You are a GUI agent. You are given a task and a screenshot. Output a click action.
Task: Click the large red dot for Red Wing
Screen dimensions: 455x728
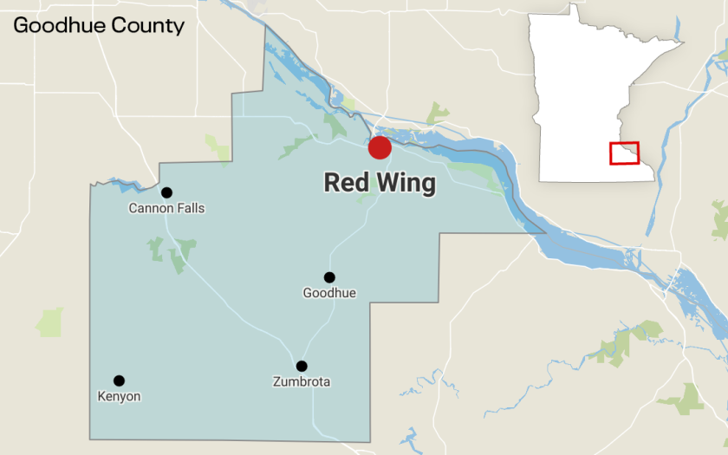click(x=380, y=147)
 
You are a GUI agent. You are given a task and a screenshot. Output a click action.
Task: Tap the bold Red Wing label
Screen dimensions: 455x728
click(x=380, y=183)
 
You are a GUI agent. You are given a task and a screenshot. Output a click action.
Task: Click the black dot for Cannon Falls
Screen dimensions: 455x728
click(x=166, y=192)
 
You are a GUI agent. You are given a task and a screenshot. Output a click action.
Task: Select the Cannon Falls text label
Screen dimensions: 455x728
click(x=166, y=208)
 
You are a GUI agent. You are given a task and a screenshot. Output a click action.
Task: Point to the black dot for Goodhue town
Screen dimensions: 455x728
click(x=329, y=277)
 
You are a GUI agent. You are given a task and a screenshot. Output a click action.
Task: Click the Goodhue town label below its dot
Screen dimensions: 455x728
click(x=329, y=293)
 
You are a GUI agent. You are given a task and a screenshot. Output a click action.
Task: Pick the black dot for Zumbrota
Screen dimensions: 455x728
click(x=302, y=366)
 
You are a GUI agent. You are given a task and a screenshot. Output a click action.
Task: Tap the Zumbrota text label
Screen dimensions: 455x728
click(x=302, y=381)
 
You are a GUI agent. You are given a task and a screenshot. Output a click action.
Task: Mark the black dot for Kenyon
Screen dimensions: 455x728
click(x=119, y=380)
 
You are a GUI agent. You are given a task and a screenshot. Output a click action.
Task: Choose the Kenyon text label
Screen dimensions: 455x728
click(x=119, y=396)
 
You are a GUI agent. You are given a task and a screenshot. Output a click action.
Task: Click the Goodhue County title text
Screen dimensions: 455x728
click(x=99, y=25)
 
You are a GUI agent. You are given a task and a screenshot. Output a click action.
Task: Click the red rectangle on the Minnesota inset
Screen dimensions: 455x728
click(x=624, y=153)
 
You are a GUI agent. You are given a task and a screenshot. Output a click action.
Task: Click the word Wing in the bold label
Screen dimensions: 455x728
click(x=406, y=183)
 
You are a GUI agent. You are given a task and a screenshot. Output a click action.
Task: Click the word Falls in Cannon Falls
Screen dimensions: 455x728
click(x=190, y=208)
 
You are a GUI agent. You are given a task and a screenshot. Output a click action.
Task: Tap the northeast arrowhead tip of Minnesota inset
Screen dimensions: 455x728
click(x=682, y=42)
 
